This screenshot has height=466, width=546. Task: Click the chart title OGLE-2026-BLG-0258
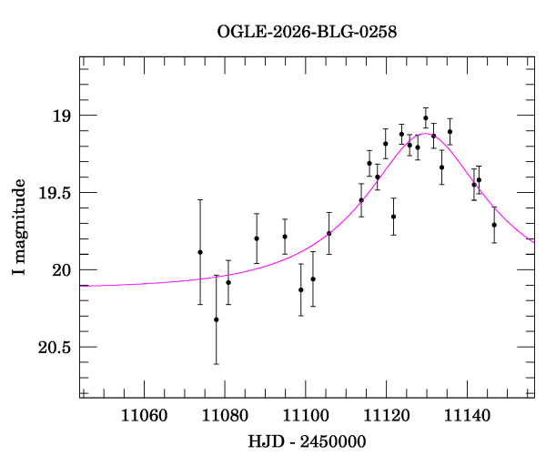click(x=307, y=32)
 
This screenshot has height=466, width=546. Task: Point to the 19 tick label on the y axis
click(x=60, y=116)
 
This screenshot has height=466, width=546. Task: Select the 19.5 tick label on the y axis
click(x=54, y=193)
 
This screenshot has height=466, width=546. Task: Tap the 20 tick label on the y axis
click(x=60, y=270)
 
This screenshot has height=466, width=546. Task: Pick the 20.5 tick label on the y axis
click(x=54, y=348)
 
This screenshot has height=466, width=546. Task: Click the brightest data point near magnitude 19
click(x=426, y=117)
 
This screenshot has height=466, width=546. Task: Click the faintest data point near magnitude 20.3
click(x=217, y=319)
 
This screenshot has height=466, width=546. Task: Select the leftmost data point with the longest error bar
click(x=200, y=252)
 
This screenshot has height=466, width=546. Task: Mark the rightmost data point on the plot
click(x=494, y=225)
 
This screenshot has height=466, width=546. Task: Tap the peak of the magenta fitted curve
click(x=424, y=133)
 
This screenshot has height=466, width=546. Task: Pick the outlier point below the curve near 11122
click(x=393, y=217)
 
